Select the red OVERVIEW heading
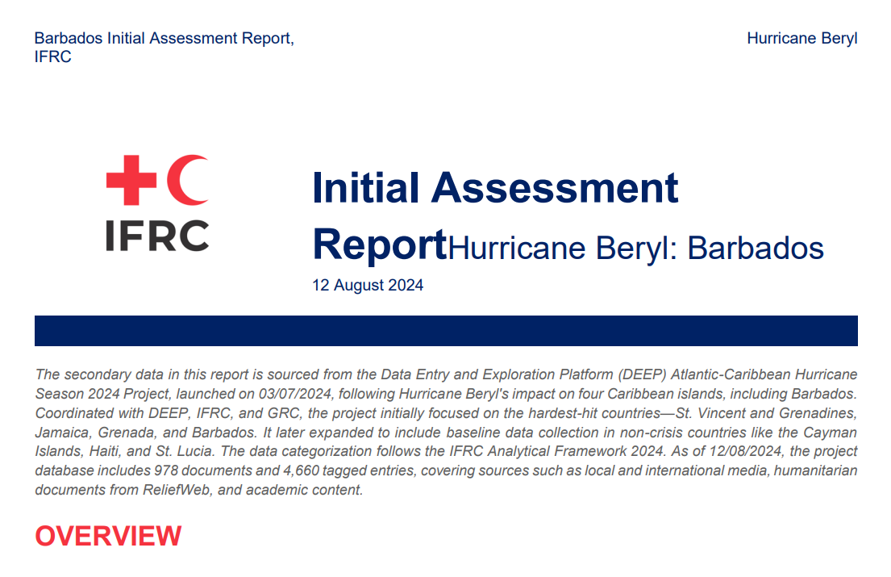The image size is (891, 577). pyautogui.click(x=108, y=536)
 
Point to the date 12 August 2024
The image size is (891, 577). pyautogui.click(x=368, y=286)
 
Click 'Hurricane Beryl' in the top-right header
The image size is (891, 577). pyautogui.click(x=802, y=39)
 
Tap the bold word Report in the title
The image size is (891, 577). pyautogui.click(x=379, y=244)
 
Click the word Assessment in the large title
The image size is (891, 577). pyautogui.click(x=555, y=187)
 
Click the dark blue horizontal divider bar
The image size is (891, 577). pyautogui.click(x=446, y=331)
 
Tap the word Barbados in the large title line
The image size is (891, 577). pyautogui.click(x=755, y=249)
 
